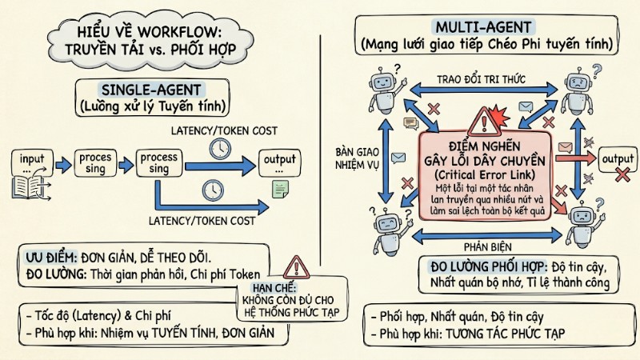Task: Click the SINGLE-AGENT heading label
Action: point(151,90)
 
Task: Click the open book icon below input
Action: point(28,188)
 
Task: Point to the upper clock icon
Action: point(218,147)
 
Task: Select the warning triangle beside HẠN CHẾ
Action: point(297,266)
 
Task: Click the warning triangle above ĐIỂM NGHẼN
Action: point(483,120)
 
